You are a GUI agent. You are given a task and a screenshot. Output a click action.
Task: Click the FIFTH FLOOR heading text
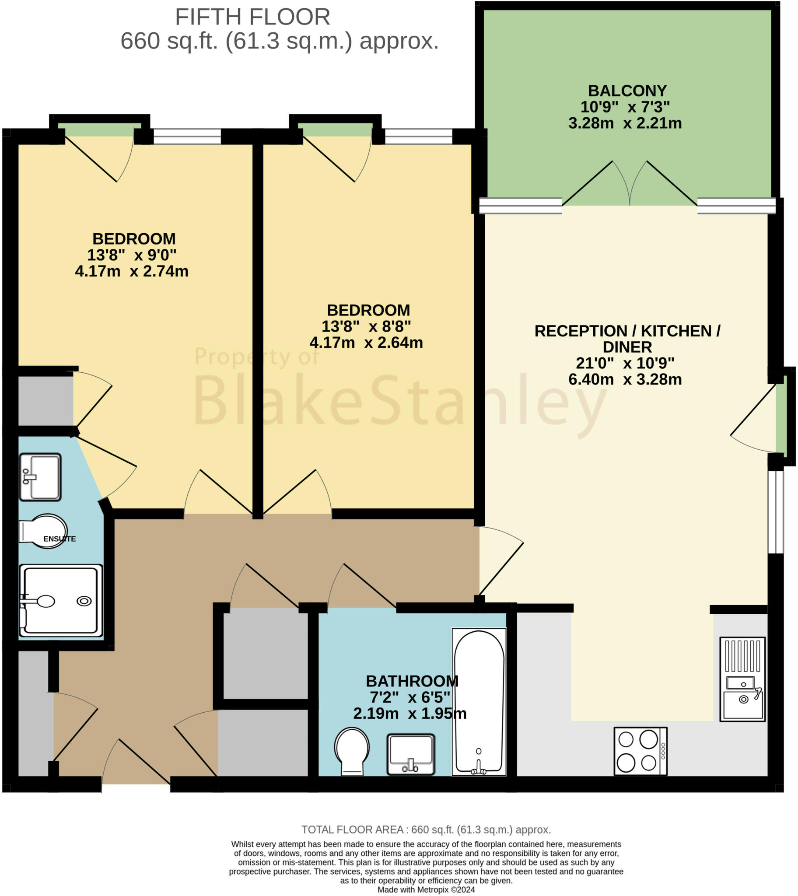click(252, 17)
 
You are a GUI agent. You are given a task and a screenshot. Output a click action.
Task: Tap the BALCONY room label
click(627, 91)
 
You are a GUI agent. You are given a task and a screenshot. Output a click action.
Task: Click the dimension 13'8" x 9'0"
click(132, 255)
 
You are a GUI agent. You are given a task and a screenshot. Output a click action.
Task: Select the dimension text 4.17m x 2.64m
click(366, 343)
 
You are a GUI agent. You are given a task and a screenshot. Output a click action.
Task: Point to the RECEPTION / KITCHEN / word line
click(627, 331)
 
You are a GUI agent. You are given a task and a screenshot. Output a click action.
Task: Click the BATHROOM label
click(412, 681)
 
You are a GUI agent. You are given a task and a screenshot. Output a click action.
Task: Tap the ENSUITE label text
click(59, 539)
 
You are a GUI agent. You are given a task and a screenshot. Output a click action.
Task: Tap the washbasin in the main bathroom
click(410, 754)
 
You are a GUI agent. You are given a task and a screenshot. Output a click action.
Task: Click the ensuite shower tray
click(60, 600)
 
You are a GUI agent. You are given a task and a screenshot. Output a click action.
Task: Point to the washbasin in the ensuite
click(40, 476)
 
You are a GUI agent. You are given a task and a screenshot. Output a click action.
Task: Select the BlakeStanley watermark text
click(399, 400)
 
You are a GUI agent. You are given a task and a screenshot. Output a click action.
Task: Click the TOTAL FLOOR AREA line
click(426, 829)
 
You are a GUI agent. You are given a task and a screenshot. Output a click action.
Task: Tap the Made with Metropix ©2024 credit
click(426, 889)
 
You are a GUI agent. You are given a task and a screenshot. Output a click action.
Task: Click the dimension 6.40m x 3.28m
click(625, 379)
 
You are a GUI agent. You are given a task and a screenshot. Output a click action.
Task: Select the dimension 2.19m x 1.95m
click(410, 713)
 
